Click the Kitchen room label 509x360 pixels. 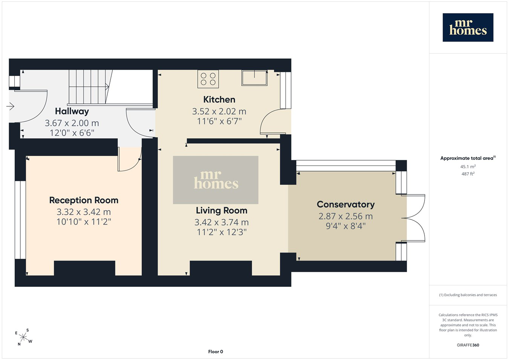point(219,100)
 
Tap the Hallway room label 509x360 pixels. point(72,111)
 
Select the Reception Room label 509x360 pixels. point(84,200)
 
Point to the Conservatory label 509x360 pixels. point(346,204)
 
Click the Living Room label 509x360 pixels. point(222,211)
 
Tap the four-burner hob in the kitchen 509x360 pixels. point(208,79)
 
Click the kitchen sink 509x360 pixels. point(254,78)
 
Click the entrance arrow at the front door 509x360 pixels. point(10,106)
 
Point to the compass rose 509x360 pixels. point(23,337)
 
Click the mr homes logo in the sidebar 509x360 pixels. point(468,28)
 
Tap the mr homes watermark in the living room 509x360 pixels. point(216,180)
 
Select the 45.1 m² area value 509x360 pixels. point(468,167)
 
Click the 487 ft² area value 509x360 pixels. point(468,174)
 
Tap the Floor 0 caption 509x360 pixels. point(216,352)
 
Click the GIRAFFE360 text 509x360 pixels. point(468,345)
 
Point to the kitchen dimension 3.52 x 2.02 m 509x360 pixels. point(219,111)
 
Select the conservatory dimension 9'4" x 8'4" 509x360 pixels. point(346,226)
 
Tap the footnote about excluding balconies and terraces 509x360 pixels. point(468,295)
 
